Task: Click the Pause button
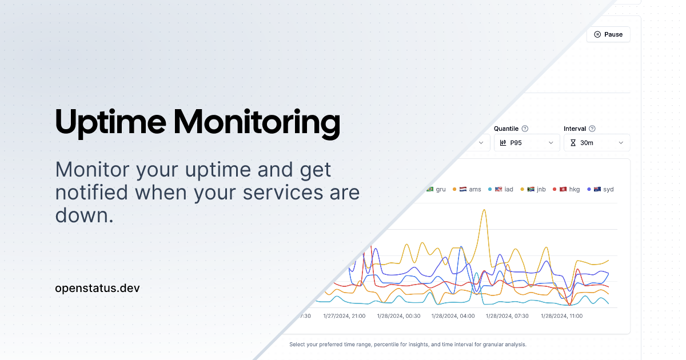pos(608,34)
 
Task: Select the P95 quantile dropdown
pos(527,143)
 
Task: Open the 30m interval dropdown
pos(597,143)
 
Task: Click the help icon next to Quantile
pos(525,129)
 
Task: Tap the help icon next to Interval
pos(592,129)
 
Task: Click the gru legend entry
pos(436,189)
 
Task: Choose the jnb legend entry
pos(536,189)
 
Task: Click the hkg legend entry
pos(569,189)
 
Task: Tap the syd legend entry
pos(604,189)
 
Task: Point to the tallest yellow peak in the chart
pos(484,210)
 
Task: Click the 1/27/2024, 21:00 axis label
pos(344,316)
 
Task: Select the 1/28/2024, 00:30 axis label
pos(398,316)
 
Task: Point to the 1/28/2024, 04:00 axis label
pos(453,316)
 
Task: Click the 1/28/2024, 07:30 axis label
pos(507,316)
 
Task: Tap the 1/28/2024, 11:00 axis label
pos(561,316)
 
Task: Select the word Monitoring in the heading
pos(257,123)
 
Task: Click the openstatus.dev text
pos(97,288)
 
